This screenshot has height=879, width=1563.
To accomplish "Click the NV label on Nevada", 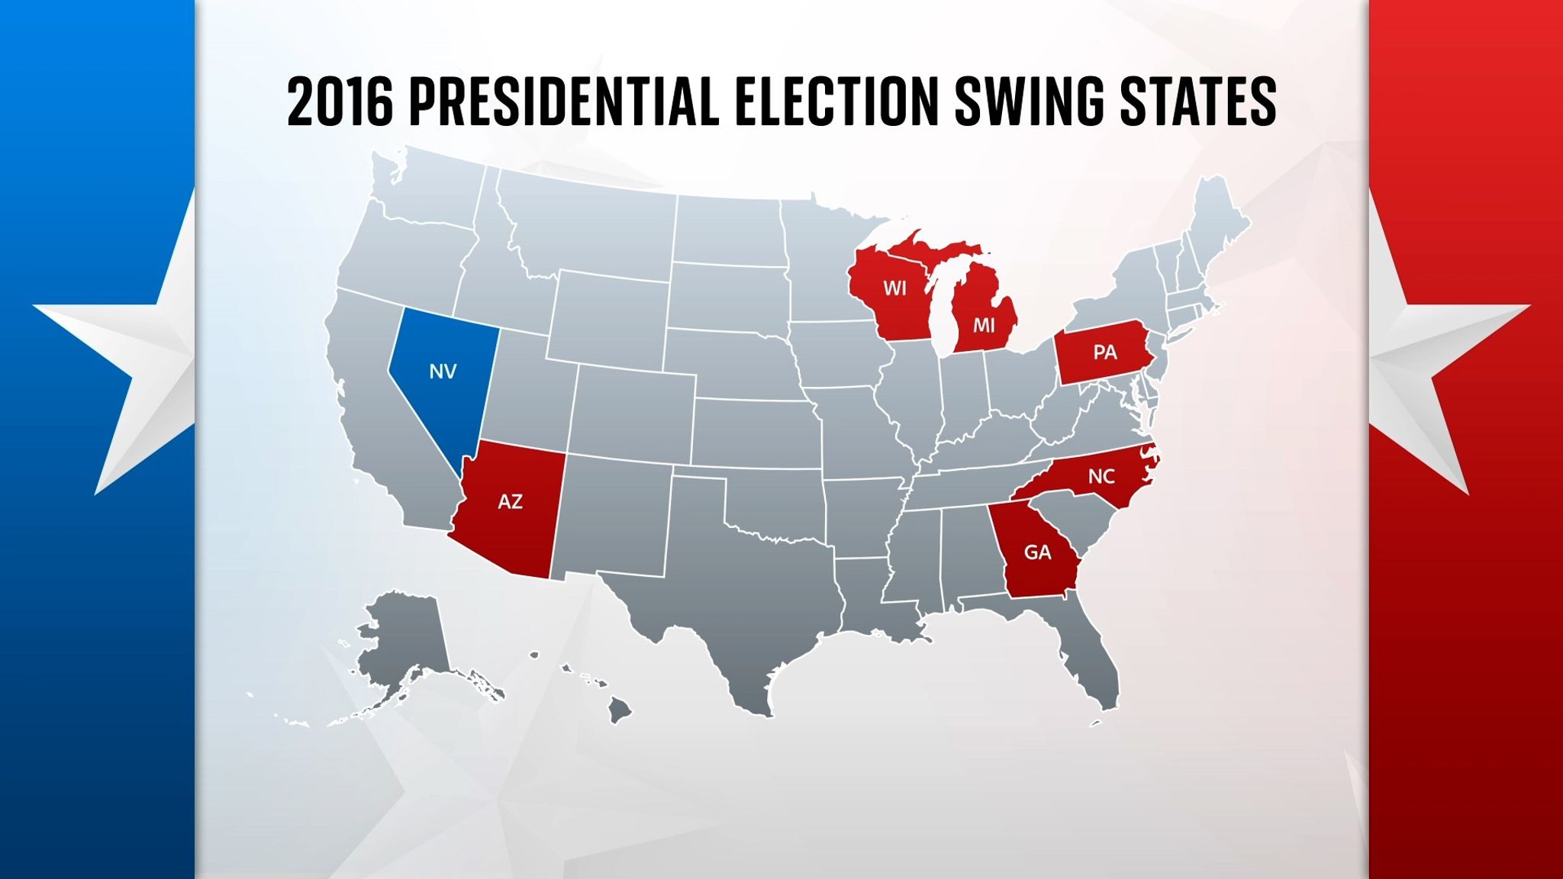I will point(443,372).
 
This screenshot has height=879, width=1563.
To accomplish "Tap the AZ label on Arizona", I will point(510,501).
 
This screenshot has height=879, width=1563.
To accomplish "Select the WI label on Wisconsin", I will point(894,288).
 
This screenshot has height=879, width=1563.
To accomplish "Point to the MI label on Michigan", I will point(984,326).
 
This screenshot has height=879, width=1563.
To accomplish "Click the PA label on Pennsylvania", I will point(1104,352).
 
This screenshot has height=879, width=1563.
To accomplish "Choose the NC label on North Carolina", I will point(1101,476).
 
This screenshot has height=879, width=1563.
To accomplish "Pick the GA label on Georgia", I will point(1037,552).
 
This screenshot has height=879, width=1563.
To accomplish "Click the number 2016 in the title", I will point(340,101).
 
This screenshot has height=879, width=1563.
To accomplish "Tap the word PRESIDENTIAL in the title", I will point(564,101).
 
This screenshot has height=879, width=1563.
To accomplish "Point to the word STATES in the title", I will point(1198,101).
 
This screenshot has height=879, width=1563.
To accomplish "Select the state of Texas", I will point(733,603).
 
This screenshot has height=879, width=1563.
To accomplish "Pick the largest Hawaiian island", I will point(620,711).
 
